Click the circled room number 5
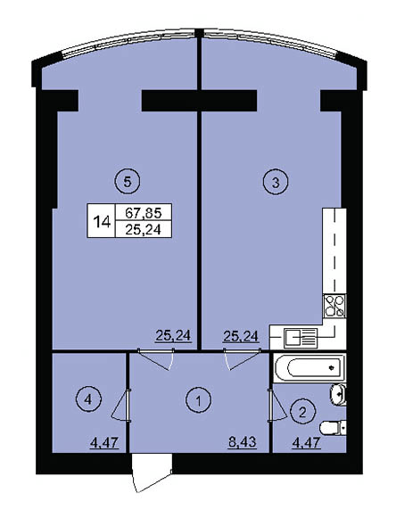[x=128, y=182]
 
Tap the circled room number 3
[x=276, y=182]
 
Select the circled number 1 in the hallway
[x=199, y=400]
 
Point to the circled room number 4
[x=88, y=399]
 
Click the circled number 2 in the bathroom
[x=302, y=413]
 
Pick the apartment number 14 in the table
[x=102, y=223]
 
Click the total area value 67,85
[x=144, y=213]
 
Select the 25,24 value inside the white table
[x=144, y=230]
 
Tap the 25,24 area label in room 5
[x=173, y=335]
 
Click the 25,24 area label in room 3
[x=241, y=336]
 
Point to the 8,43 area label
[x=243, y=442]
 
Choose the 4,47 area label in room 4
[x=104, y=442]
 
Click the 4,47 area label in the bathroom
[x=306, y=442]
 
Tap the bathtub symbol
[x=309, y=368]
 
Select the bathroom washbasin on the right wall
[x=338, y=394]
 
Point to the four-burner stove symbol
[x=334, y=306]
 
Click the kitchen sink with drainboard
[x=301, y=338]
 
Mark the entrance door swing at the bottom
[x=152, y=472]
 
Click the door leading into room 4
[x=121, y=405]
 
